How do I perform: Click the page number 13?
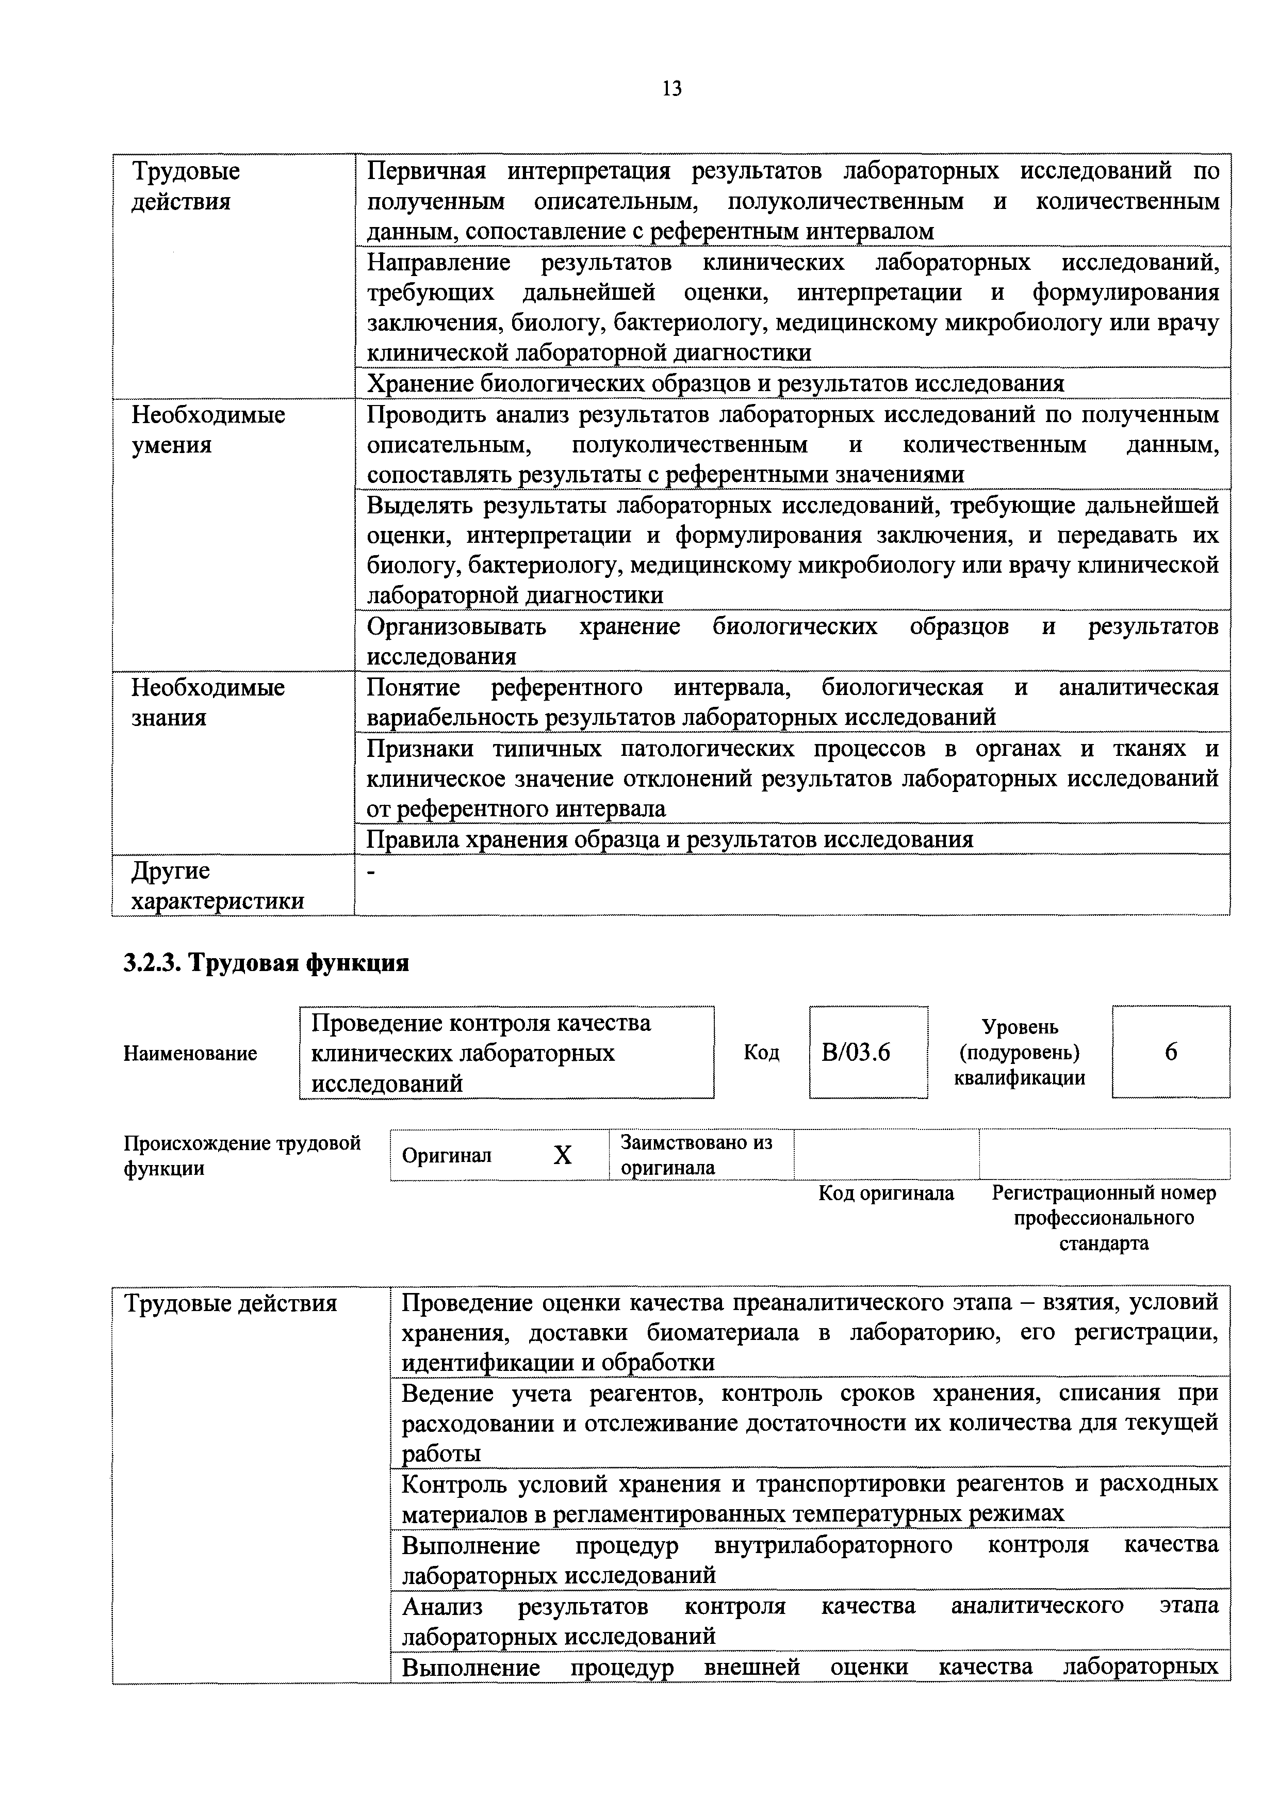671,88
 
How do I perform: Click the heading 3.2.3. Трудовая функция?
266,963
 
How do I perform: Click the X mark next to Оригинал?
562,1156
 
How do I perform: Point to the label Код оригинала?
886,1193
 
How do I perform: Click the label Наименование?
190,1053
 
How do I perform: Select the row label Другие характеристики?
217,885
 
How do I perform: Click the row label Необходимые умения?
207,430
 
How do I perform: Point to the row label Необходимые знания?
207,702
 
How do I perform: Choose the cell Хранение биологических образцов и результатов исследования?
715,384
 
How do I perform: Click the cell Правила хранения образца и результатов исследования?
670,839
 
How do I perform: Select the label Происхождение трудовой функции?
241,1155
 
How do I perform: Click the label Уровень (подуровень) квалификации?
1019,1053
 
